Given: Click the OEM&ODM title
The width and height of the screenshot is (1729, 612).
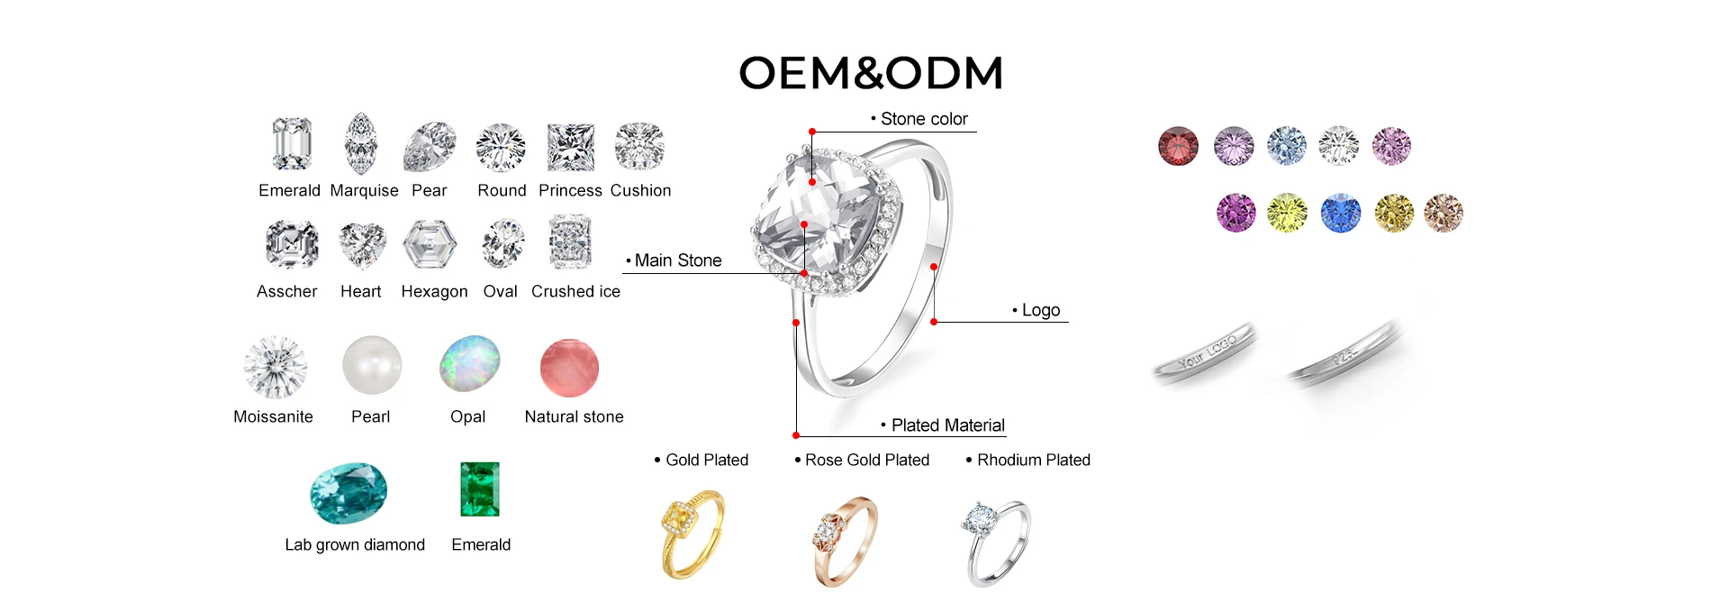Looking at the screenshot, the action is [x=870, y=73].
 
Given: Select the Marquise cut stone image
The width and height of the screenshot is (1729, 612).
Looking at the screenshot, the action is [x=361, y=144].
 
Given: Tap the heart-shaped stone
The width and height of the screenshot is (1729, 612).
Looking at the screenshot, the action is [x=362, y=245].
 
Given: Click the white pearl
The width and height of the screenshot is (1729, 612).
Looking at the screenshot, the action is [x=372, y=365].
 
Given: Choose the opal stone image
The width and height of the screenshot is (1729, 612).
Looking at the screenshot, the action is [x=470, y=364].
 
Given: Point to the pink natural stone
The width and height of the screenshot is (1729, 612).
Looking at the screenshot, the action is [x=569, y=368].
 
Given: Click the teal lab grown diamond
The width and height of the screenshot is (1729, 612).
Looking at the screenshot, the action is [x=349, y=493].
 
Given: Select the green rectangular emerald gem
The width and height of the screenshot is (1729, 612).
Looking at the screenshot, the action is [x=480, y=489].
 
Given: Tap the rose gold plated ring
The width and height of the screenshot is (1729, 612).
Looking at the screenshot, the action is [x=844, y=540].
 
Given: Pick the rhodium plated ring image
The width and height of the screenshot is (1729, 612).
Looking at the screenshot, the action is [x=997, y=543].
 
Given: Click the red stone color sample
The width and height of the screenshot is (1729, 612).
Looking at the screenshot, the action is [x=1178, y=146].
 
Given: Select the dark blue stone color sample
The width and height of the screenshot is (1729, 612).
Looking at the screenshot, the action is [x=1340, y=214].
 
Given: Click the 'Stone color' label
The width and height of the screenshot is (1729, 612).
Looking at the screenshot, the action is [x=923, y=119].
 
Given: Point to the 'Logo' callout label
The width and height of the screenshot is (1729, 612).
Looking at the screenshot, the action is [x=1040, y=310].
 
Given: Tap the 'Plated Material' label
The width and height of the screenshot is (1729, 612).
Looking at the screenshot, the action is [x=947, y=425].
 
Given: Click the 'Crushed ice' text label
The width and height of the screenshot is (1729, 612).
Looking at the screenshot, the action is [x=575, y=291].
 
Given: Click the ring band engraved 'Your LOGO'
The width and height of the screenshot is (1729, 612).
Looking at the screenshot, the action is [x=1205, y=354].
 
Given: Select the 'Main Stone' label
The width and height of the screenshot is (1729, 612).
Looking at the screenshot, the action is [x=677, y=260].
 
